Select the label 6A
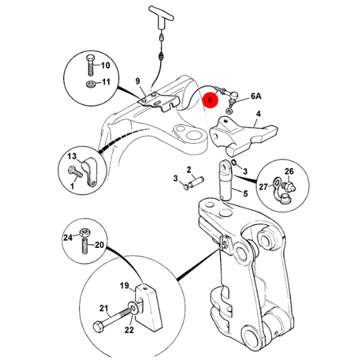[x=256, y=96]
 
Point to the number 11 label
[x=104, y=82]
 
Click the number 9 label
[x=137, y=81]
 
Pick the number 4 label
[x=258, y=114]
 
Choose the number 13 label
[x=71, y=156]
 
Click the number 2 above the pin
[x=188, y=170]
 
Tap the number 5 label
[x=245, y=193]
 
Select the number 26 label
[x=289, y=171]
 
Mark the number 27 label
[x=263, y=187]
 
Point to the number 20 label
[x=100, y=244]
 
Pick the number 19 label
[x=124, y=286]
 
